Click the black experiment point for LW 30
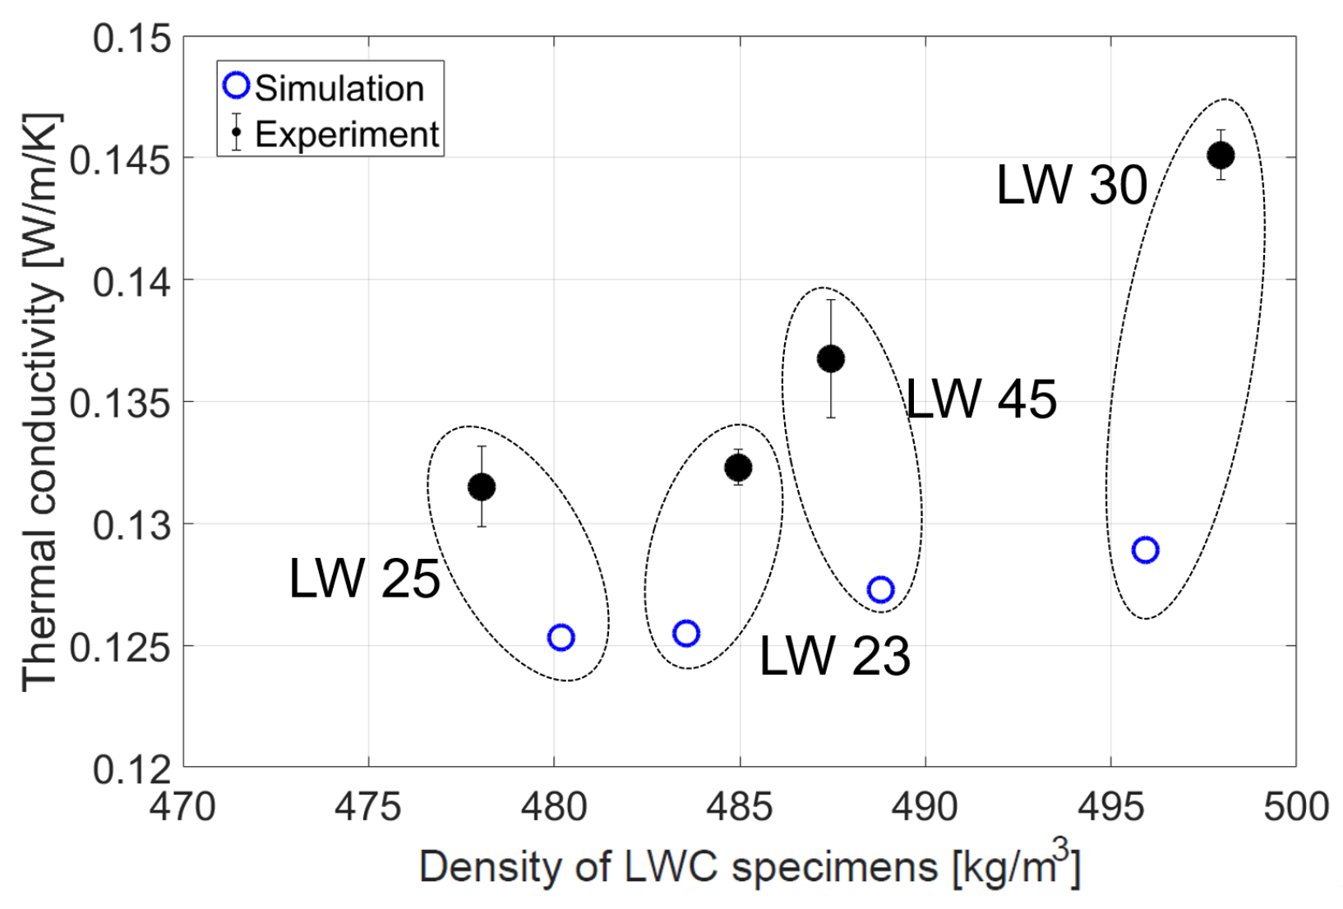(x=1221, y=155)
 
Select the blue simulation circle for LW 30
(x=1145, y=550)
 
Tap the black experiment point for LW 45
(x=831, y=358)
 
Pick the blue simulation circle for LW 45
(x=880, y=589)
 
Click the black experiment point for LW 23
(x=738, y=468)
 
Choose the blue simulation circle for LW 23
(x=686, y=633)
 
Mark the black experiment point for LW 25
(x=482, y=487)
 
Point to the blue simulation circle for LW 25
(x=561, y=637)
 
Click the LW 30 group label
(x=1071, y=185)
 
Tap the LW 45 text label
(x=981, y=399)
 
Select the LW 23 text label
(x=834, y=656)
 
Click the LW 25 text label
(x=364, y=579)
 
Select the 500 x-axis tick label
(x=1295, y=807)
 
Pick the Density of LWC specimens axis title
(x=749, y=866)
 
